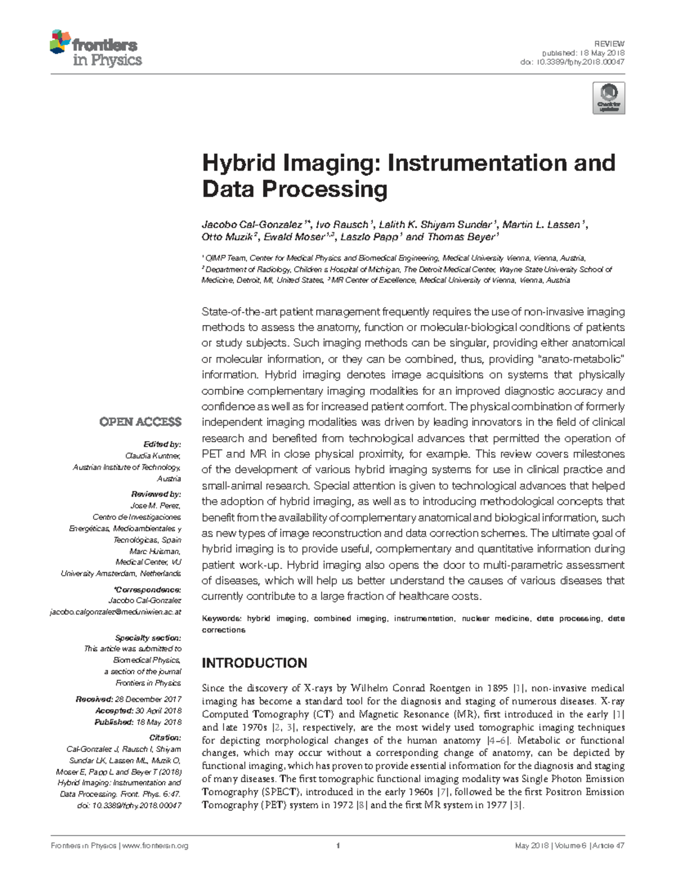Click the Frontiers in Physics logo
click(x=96, y=50)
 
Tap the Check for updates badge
click(x=608, y=98)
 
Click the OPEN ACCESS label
click(x=140, y=422)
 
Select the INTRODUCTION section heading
click(x=254, y=663)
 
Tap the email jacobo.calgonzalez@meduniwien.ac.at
click(x=115, y=612)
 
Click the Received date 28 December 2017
click(x=148, y=699)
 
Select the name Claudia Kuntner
click(x=153, y=456)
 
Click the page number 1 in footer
click(x=337, y=846)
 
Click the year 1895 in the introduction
click(x=497, y=688)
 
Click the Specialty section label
click(x=148, y=638)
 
